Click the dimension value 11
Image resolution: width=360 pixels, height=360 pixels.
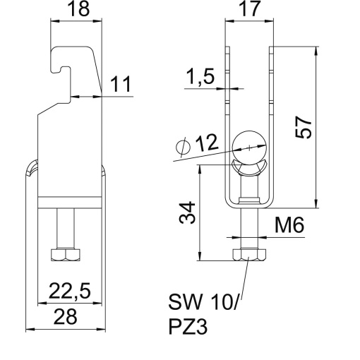[121, 86]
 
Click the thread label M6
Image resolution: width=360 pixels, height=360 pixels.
[289, 227]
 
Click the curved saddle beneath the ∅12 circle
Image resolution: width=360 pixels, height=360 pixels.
[250, 167]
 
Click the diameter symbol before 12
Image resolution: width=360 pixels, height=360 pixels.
[183, 148]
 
